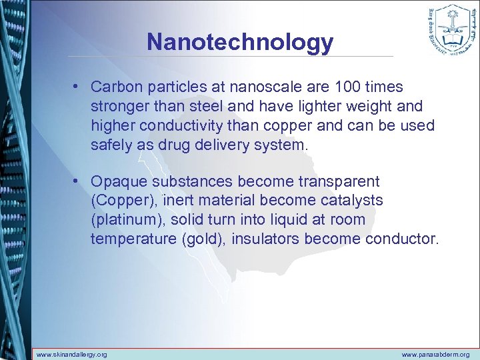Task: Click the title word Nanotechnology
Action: [x=240, y=42]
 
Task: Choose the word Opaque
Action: [x=114, y=181]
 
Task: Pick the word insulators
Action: [x=266, y=238]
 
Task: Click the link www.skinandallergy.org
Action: [x=71, y=354]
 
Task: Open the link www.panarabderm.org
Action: [x=435, y=354]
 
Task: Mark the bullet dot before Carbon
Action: [x=78, y=87]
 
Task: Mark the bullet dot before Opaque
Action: [x=78, y=181]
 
